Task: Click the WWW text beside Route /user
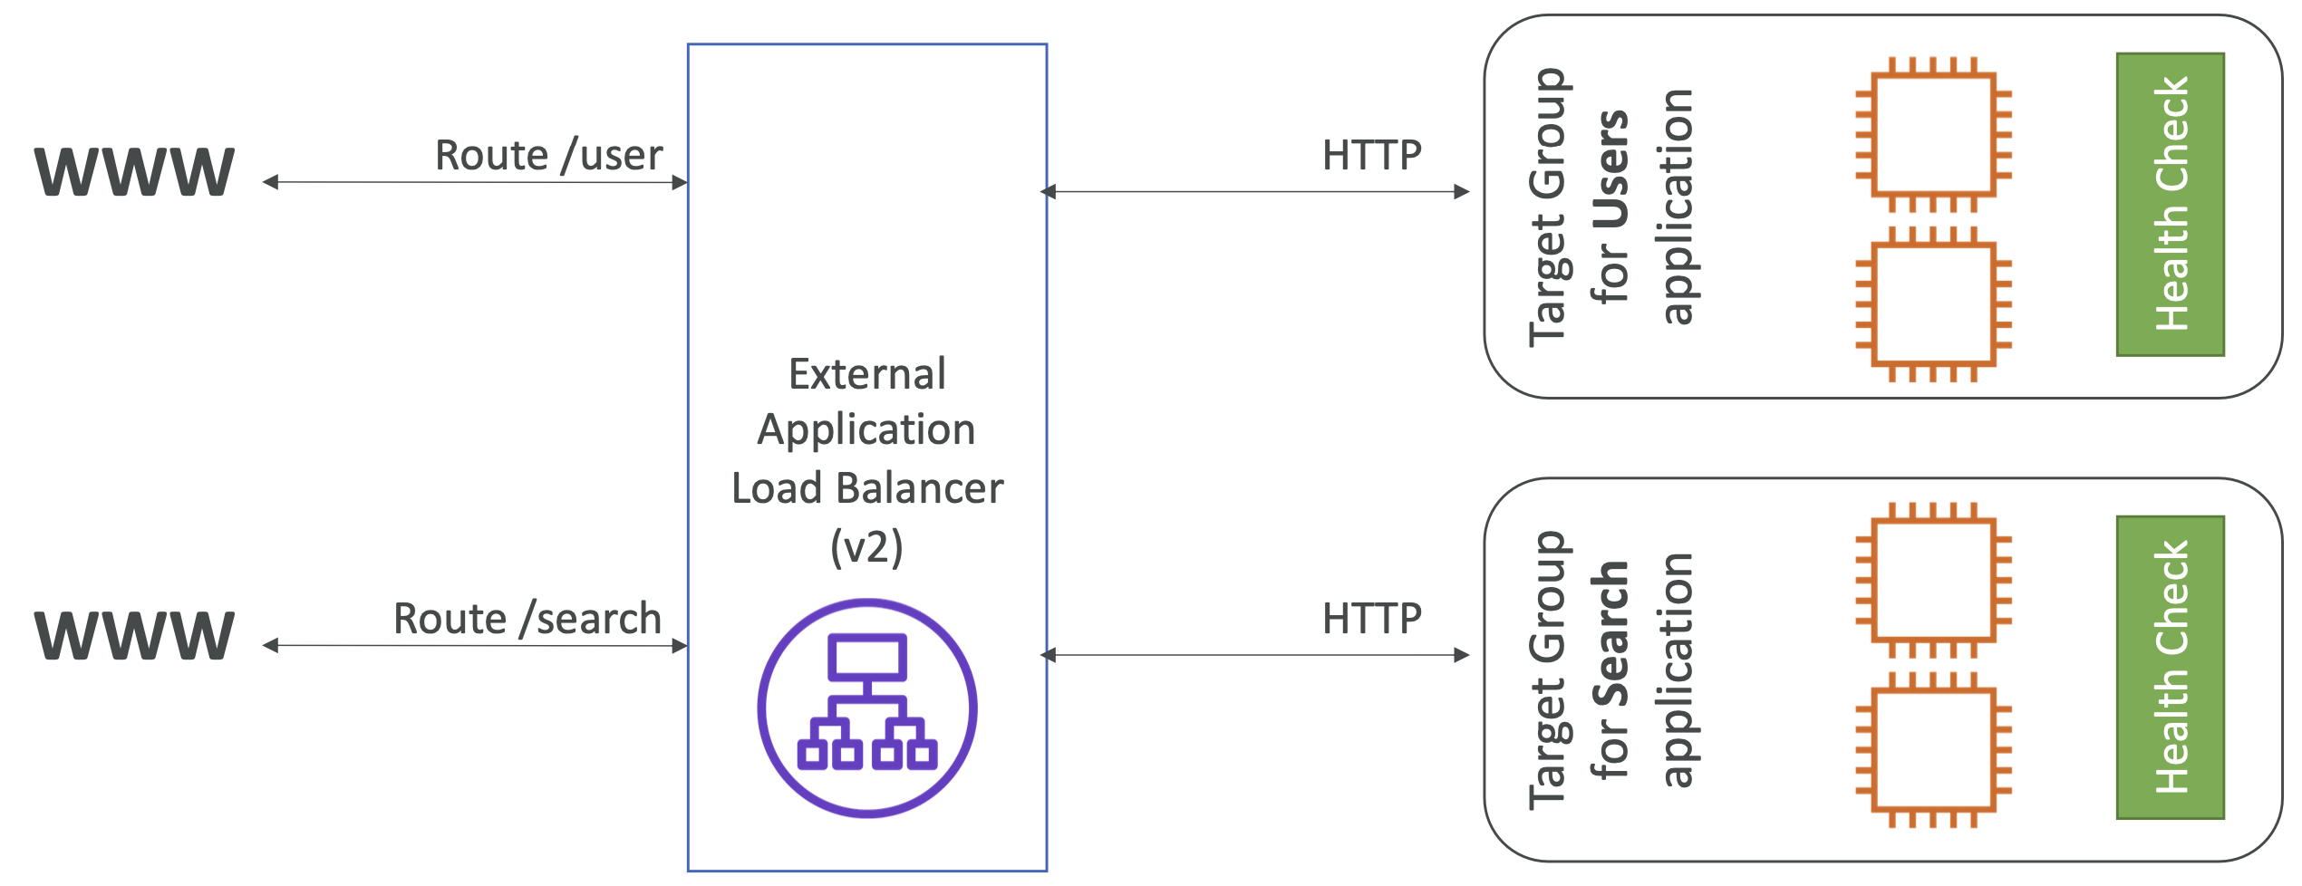point(134,171)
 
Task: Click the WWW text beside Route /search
point(134,635)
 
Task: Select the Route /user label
point(549,156)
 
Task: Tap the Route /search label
point(527,620)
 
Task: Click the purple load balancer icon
point(867,708)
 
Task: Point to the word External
point(867,374)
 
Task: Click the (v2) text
point(867,548)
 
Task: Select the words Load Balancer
point(867,488)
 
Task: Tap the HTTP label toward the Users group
point(1372,156)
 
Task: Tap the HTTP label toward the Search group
point(1372,620)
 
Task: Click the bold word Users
point(1610,169)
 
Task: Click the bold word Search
point(1610,633)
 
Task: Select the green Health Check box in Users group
point(2171,205)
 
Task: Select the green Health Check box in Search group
point(2171,668)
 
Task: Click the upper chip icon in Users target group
point(1934,134)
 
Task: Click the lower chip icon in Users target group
point(1934,304)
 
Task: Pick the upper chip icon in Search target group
point(1934,580)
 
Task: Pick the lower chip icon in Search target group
point(1934,750)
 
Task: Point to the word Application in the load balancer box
point(866,430)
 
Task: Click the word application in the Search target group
point(1678,669)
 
